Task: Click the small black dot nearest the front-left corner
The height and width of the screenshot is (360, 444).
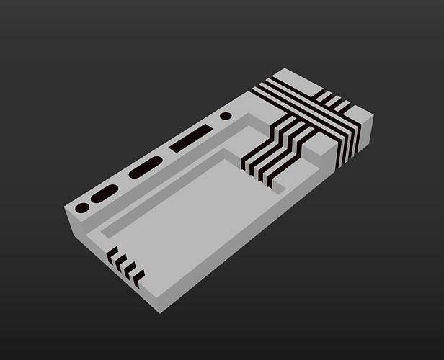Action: (x=82, y=207)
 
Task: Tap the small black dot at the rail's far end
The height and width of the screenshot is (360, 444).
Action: (x=226, y=115)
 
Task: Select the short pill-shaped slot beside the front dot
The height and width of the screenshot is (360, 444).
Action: (x=105, y=193)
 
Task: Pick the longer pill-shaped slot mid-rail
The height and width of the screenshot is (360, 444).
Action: (x=146, y=166)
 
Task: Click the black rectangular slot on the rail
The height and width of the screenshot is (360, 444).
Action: (x=192, y=138)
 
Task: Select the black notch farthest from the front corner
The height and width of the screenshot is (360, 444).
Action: (x=112, y=252)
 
